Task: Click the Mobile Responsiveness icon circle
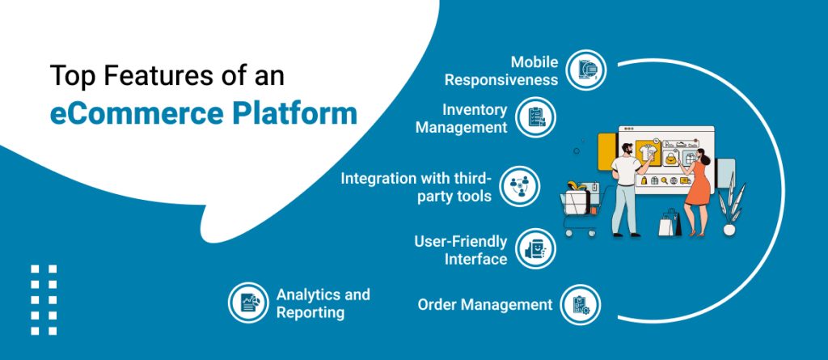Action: coord(585,70)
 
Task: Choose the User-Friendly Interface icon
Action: coord(534,250)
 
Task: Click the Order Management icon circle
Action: coord(581,304)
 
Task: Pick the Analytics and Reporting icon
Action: coord(248,303)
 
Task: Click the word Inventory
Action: coord(475,109)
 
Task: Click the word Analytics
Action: coord(307,294)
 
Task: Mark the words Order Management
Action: coord(484,305)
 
